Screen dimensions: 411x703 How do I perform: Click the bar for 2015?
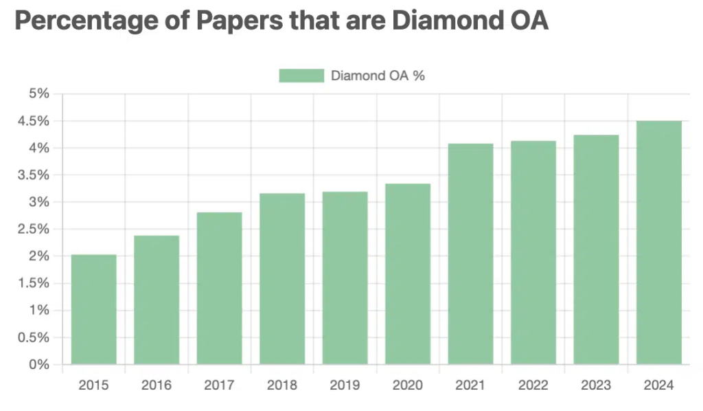point(94,309)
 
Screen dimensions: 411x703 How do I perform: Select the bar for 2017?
point(220,289)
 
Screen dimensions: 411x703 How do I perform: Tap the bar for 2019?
point(345,278)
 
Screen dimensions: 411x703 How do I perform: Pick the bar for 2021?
point(470,254)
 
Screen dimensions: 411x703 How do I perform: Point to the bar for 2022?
point(533,253)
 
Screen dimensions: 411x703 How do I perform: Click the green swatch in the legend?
point(301,76)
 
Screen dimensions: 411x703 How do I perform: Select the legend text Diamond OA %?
point(378,76)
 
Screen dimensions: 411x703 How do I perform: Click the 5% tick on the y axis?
point(38,94)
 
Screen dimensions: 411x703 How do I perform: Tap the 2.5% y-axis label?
point(34,229)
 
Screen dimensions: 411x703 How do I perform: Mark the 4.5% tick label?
point(34,121)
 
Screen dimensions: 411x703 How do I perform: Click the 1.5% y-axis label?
point(34,283)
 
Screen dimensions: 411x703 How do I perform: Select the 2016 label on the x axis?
point(157,385)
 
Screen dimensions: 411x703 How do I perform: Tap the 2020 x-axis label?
point(407,385)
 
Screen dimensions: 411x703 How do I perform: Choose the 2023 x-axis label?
point(596,385)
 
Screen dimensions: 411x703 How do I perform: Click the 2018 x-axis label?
point(282,385)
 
